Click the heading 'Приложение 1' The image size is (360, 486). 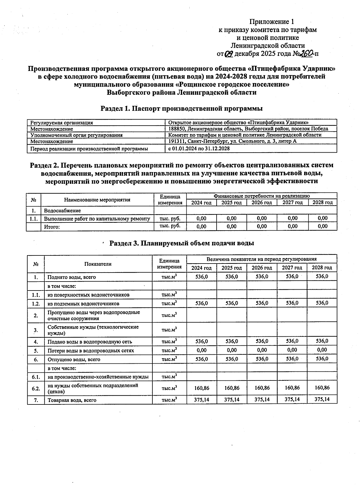272,22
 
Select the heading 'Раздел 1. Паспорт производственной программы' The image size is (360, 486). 181,108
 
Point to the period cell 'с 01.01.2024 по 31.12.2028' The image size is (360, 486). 199,148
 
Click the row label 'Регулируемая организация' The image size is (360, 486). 61,123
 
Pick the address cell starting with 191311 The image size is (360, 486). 232,141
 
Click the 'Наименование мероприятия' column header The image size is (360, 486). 97,200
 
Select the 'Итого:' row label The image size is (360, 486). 52,227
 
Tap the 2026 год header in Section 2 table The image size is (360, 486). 262,203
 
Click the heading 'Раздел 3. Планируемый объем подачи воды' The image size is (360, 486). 181,243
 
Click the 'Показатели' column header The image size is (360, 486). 98,264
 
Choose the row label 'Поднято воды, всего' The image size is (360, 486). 72,277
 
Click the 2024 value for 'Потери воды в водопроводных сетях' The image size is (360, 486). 202,350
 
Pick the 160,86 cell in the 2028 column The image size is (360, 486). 322,388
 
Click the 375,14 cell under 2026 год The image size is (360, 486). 262,399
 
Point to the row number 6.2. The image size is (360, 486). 36,389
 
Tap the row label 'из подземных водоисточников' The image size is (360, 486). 83,304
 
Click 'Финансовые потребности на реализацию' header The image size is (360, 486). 261,196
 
